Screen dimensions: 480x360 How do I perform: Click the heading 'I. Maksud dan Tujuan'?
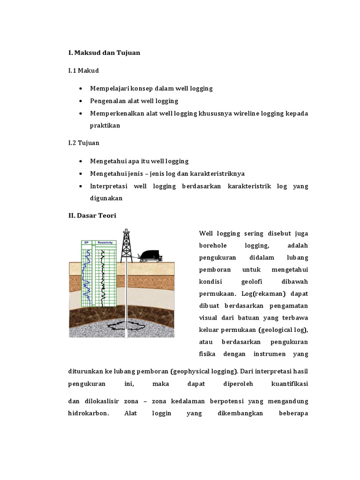click(x=105, y=53)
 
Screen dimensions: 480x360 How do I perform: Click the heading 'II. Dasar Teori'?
click(x=92, y=216)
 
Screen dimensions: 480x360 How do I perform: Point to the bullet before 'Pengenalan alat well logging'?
click(x=82, y=101)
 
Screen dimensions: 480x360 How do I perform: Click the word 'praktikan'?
click(x=105, y=126)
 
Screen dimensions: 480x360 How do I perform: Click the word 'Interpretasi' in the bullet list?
click(x=108, y=186)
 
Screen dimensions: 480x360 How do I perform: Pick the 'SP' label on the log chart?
click(x=86, y=242)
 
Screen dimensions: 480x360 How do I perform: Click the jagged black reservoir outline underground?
click(x=125, y=326)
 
